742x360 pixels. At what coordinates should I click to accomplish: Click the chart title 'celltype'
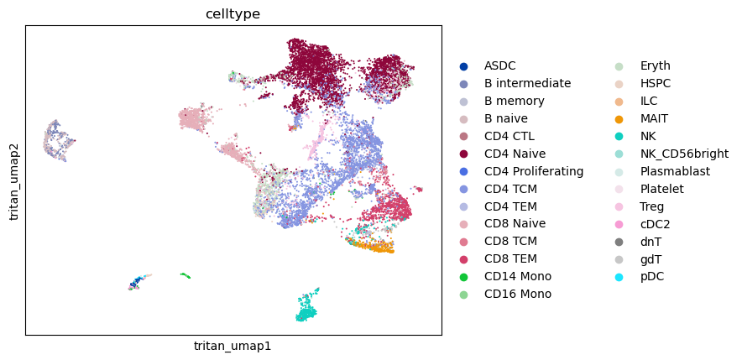(x=233, y=14)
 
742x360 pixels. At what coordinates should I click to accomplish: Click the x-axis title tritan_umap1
(x=233, y=346)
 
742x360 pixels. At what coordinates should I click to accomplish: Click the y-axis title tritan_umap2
(x=13, y=180)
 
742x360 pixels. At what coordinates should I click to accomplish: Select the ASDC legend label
(x=499, y=65)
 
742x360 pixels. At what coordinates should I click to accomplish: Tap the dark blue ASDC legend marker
(x=463, y=66)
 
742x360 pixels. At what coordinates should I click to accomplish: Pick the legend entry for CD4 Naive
(x=515, y=154)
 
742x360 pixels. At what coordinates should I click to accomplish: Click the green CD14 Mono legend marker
(x=463, y=277)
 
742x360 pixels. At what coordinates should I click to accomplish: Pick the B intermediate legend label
(x=528, y=83)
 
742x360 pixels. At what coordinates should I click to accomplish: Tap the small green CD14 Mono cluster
(x=185, y=275)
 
